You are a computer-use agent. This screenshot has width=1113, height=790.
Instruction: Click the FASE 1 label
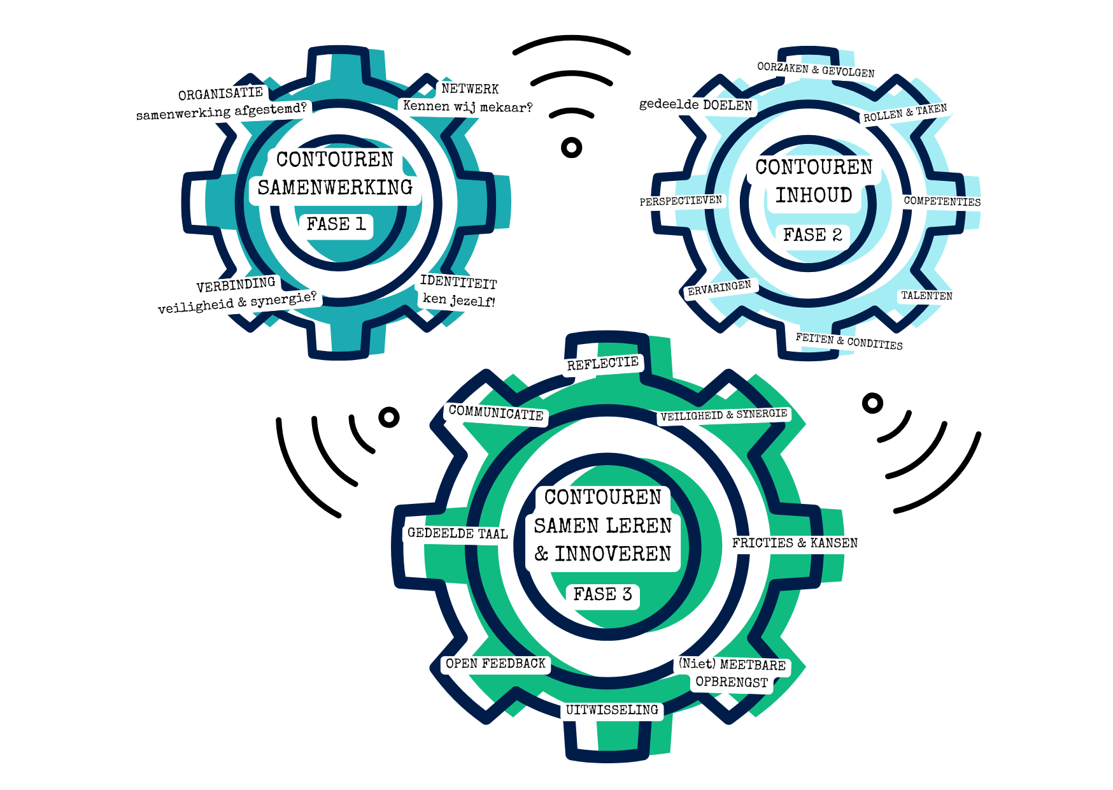(x=336, y=224)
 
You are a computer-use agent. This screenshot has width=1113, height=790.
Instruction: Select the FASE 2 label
(x=812, y=235)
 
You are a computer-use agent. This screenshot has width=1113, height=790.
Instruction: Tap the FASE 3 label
(x=602, y=594)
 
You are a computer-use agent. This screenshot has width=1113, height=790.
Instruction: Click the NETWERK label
(x=470, y=89)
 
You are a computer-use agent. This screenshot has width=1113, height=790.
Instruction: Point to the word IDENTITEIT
(x=458, y=282)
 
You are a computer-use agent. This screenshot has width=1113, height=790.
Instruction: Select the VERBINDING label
(x=236, y=285)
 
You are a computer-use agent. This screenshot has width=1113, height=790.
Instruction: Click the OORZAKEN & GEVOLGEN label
(x=816, y=69)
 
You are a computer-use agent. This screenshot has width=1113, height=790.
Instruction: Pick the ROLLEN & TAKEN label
(x=905, y=113)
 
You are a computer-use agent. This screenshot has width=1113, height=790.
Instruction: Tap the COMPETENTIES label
(x=942, y=201)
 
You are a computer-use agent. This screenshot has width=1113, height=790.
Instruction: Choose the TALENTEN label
(x=926, y=296)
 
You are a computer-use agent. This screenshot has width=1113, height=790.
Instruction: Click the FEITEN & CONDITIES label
(x=849, y=341)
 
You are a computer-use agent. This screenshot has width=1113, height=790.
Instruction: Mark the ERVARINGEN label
(x=720, y=289)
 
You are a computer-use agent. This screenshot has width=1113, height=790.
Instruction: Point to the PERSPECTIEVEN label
(x=681, y=201)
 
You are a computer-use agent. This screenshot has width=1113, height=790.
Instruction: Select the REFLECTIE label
(x=603, y=364)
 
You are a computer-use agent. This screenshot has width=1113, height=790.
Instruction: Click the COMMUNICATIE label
(x=496, y=413)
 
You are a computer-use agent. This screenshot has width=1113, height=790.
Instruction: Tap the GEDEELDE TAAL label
(x=457, y=533)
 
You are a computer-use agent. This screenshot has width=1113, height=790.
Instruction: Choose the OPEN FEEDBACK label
(x=495, y=664)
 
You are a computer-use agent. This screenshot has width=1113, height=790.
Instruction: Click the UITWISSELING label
(x=612, y=710)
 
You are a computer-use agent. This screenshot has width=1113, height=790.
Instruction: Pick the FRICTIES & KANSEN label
(x=795, y=543)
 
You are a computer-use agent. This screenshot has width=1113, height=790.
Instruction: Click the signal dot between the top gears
(x=572, y=148)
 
